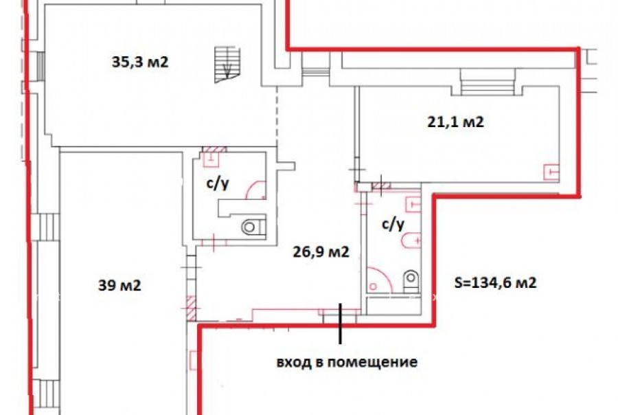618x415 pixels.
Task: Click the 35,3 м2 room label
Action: [x=140, y=62]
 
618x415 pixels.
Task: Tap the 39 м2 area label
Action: [x=119, y=285]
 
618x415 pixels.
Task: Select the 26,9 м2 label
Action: [x=321, y=251]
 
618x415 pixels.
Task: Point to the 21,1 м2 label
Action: [x=456, y=122]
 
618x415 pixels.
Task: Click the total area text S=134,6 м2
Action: [x=495, y=282]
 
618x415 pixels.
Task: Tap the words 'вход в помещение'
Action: [x=347, y=361]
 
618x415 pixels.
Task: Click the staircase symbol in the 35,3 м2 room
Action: [x=227, y=65]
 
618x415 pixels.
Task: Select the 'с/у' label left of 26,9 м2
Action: [x=218, y=183]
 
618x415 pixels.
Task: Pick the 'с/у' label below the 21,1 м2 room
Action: [x=393, y=224]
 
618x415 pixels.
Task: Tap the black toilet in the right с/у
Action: [x=411, y=281]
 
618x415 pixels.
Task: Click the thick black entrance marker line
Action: [x=340, y=324]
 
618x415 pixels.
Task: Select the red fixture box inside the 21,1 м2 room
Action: [x=551, y=172]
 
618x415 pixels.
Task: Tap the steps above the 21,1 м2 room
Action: [x=488, y=82]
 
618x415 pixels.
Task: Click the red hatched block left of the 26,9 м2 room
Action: [x=191, y=308]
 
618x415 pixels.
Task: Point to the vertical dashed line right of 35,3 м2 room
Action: [x=277, y=115]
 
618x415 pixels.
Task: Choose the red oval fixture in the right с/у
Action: [x=411, y=240]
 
